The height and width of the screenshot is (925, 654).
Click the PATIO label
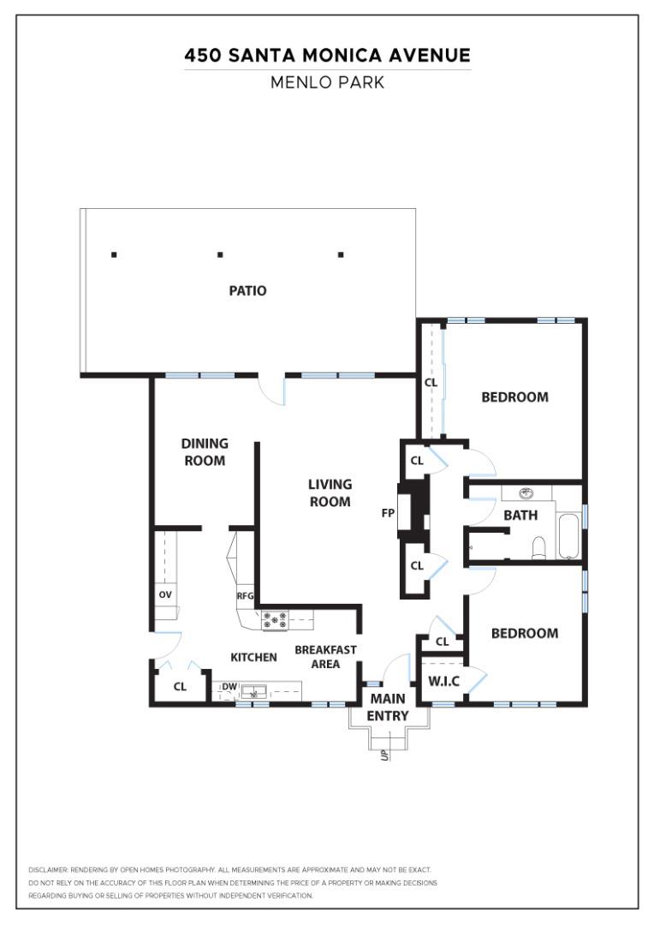247,290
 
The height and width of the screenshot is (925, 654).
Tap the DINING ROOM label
205,452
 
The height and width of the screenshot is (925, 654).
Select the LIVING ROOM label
330,492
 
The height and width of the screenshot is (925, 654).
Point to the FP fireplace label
388,513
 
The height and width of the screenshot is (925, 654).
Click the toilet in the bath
539,547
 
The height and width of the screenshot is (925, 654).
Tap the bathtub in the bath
568,536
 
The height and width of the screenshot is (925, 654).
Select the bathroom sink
526,492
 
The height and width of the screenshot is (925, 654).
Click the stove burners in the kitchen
276,620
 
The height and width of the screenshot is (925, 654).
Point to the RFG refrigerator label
245,596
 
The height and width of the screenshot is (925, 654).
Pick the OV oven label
165,594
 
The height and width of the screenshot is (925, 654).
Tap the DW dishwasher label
229,687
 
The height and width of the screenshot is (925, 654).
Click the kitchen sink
254,690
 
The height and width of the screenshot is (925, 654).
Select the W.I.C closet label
443,682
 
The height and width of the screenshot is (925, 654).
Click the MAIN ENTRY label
388,707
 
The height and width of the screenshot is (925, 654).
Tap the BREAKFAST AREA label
325,657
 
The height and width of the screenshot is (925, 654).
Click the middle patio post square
220,255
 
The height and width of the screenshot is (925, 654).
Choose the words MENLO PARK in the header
327,82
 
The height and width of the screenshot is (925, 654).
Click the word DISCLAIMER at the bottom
48,869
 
